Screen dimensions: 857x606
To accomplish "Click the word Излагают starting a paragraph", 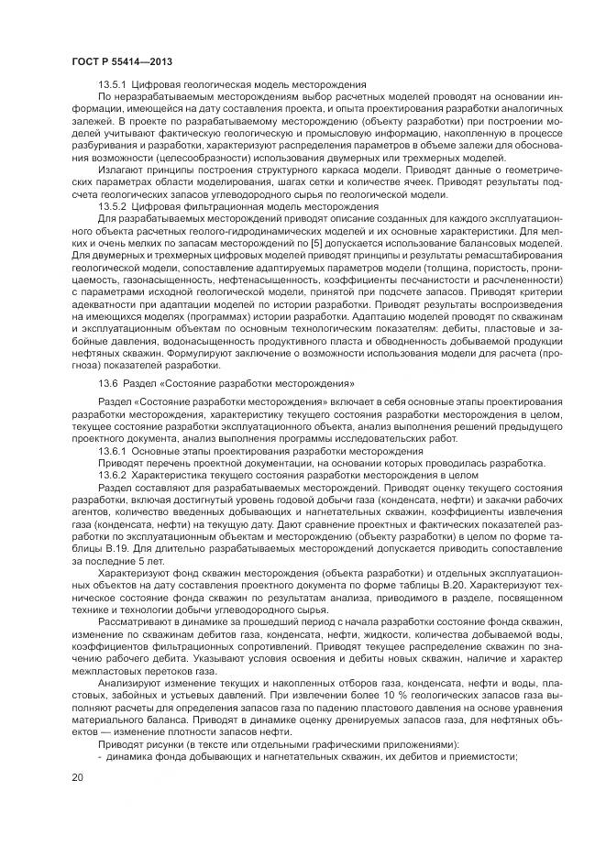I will click(x=124, y=170).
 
